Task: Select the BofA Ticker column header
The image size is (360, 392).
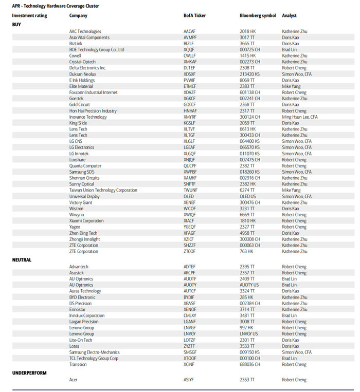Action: click(x=194, y=16)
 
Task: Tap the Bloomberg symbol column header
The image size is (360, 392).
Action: click(x=258, y=16)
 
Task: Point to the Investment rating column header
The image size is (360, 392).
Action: click(x=29, y=16)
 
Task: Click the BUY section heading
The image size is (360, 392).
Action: click(x=17, y=24)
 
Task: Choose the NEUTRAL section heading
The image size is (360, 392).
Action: click(x=22, y=260)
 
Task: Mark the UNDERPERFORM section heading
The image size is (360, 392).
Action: click(x=29, y=372)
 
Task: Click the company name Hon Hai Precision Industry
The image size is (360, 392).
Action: click(x=93, y=111)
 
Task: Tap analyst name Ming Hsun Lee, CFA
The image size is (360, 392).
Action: click(x=299, y=117)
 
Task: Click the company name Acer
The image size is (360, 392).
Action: click(x=74, y=380)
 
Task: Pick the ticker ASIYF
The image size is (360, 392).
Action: click(x=189, y=380)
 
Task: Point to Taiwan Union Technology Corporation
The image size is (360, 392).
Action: click(x=103, y=190)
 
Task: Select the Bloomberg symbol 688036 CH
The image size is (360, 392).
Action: click(x=250, y=365)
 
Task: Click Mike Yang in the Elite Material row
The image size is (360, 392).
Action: click(x=292, y=87)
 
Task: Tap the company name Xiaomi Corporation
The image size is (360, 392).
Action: click(x=86, y=221)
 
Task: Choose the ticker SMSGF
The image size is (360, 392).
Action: click(x=190, y=352)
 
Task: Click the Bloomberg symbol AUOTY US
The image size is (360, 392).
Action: click(x=249, y=285)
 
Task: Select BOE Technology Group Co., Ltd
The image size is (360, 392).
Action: click(x=97, y=50)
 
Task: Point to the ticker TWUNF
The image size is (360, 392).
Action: click(x=190, y=190)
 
